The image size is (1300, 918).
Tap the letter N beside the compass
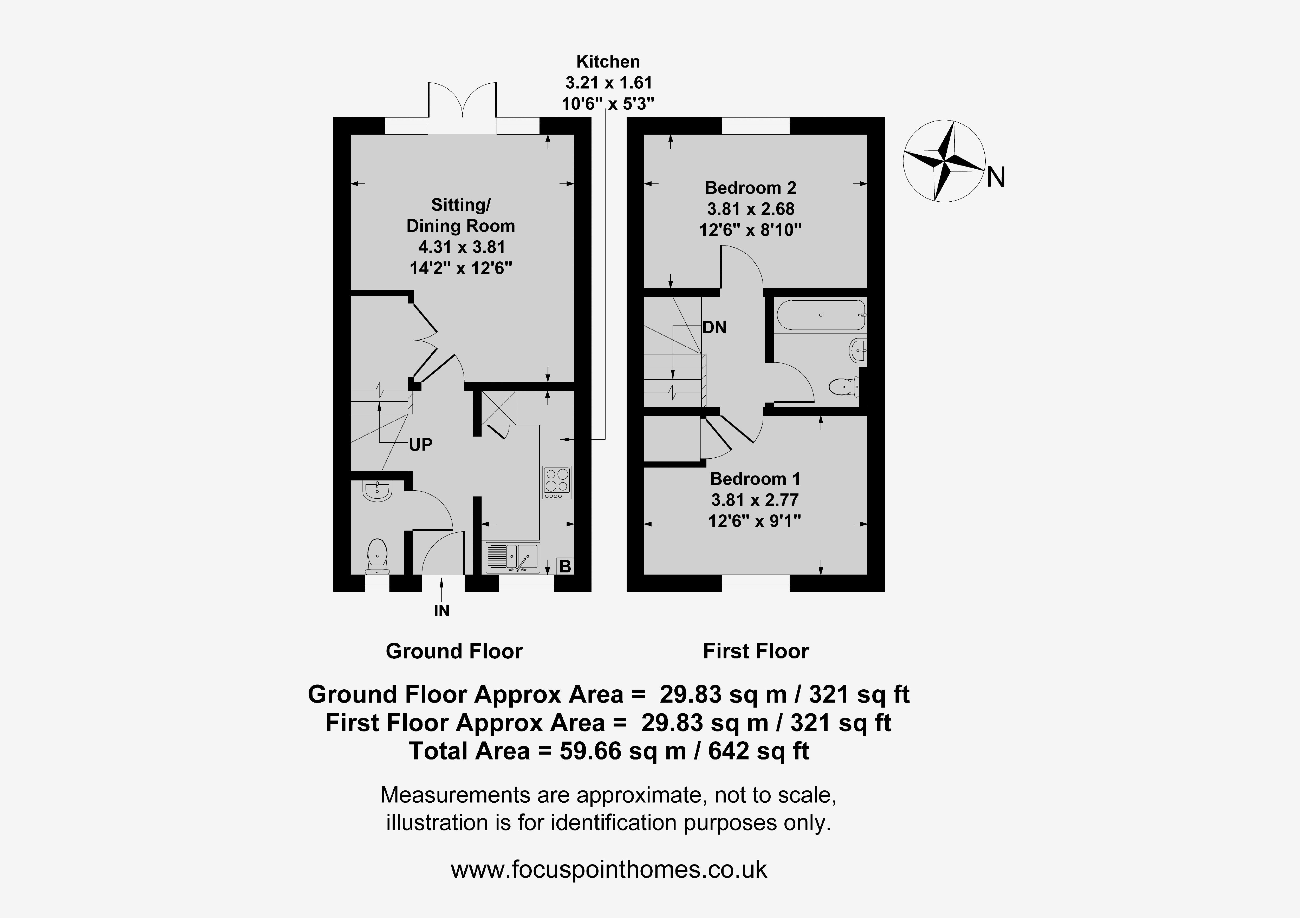click(x=996, y=178)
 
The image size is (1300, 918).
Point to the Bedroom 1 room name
click(x=755, y=479)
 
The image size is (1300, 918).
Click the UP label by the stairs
click(x=421, y=445)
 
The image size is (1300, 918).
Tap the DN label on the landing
click(x=714, y=327)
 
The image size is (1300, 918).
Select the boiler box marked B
click(x=564, y=566)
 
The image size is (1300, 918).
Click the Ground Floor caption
click(x=454, y=651)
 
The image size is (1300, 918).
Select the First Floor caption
click(x=756, y=651)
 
